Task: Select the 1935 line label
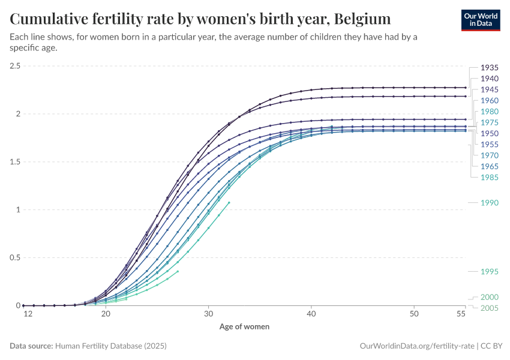coord(490,68)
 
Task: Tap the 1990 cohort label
coord(490,203)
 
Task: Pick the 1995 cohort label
coord(490,272)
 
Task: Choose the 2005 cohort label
coord(490,308)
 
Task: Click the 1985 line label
coord(490,178)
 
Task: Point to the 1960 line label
coord(490,101)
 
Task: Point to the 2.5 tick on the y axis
coord(15,65)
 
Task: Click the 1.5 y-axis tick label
coord(15,161)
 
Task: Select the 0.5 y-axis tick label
coord(15,257)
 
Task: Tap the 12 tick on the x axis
coord(27,314)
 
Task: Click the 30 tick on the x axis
coord(208,314)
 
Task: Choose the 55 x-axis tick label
coord(461,314)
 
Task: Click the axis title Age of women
coord(244,327)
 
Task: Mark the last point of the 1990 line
coord(229,202)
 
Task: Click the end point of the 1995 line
coord(178,271)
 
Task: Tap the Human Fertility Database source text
coord(110,346)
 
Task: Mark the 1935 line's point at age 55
coord(465,88)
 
